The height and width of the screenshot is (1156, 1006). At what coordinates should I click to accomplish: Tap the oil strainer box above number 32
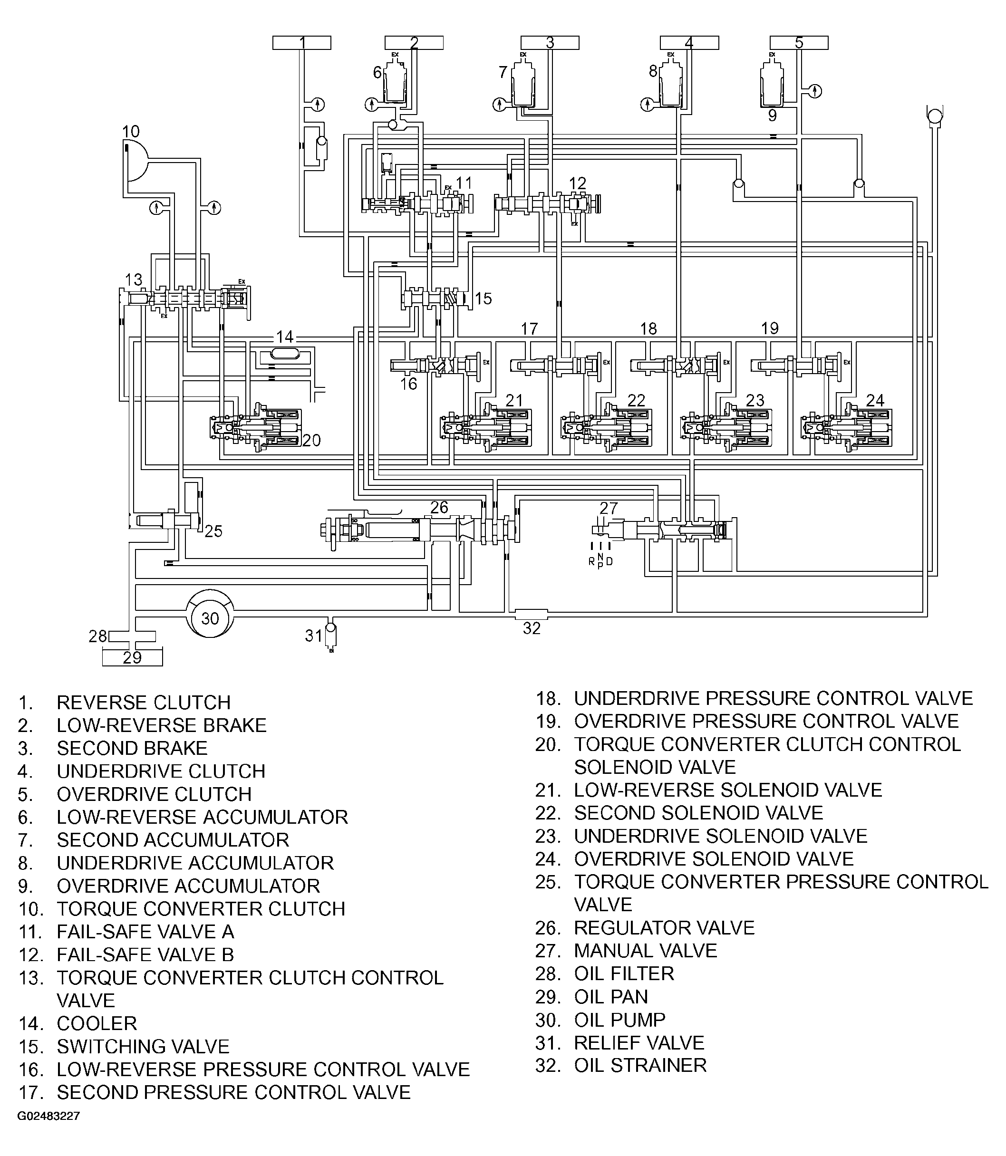point(531,614)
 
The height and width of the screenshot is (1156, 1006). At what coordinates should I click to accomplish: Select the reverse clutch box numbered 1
point(301,43)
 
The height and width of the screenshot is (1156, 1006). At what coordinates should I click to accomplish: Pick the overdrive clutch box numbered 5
point(798,43)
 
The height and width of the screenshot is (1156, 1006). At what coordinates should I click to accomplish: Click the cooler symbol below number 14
point(285,354)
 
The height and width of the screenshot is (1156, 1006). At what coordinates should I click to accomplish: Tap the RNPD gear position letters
point(600,560)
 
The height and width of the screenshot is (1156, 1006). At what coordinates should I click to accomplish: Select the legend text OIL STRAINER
point(640,1065)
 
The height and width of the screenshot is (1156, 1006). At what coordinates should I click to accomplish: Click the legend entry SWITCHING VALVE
point(143,1047)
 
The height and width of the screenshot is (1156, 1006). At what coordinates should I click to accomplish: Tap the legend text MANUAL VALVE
point(646,951)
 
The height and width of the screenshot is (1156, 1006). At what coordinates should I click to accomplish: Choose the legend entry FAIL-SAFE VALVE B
point(145,954)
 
